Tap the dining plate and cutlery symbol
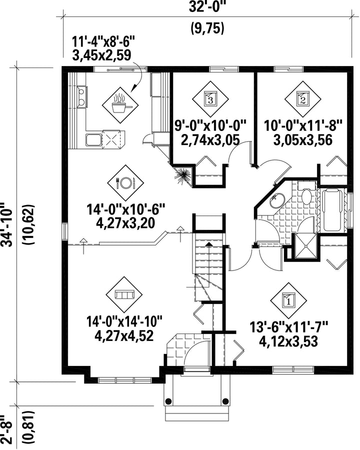125,182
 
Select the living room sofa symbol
124,294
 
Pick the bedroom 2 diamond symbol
303,98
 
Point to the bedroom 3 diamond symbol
210,98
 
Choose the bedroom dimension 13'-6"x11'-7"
288,327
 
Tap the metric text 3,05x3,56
303,140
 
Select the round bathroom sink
276,200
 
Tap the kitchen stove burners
81,95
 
